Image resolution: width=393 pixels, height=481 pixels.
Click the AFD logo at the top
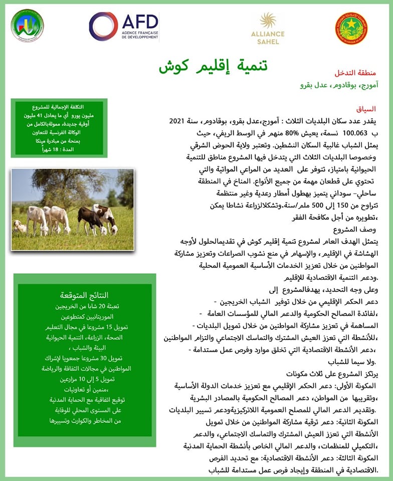pos(123,26)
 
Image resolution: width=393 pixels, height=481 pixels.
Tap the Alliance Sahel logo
pos(268,28)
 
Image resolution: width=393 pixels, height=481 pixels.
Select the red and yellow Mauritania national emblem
pos(351,29)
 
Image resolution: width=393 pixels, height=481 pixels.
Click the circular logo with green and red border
pos(27,26)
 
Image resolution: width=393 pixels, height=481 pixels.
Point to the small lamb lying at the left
pos(20,226)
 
